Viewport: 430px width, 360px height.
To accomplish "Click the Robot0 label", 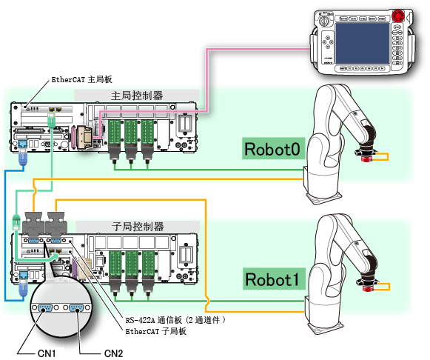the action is click(x=273, y=149).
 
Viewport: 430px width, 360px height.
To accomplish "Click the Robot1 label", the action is click(x=274, y=279).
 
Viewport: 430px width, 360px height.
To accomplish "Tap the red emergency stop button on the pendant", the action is click(x=398, y=16).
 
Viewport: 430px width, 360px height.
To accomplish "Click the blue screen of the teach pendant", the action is click(x=362, y=44).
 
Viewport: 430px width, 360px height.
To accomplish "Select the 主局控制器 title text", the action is click(x=137, y=96).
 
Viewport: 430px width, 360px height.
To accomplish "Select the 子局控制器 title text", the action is click(x=138, y=227).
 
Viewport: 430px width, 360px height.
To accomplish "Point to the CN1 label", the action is click(x=47, y=353).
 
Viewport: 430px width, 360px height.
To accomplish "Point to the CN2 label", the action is click(x=113, y=353).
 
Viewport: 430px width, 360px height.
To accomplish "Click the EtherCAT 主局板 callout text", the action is click(x=81, y=79).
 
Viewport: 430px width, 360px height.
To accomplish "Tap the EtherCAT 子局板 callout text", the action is click(x=155, y=331).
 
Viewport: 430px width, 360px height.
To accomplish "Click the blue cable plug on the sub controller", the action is click(x=23, y=284).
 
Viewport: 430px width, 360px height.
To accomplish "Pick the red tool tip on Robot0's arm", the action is click(x=365, y=159).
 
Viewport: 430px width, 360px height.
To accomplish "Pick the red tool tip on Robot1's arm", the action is click(x=366, y=288).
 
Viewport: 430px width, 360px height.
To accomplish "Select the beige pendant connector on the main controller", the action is click(x=84, y=137).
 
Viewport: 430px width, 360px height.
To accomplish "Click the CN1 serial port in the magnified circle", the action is click(x=45, y=308).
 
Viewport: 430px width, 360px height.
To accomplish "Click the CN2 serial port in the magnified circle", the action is click(x=77, y=308).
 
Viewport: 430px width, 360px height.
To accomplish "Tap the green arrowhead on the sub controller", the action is click(x=55, y=256).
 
